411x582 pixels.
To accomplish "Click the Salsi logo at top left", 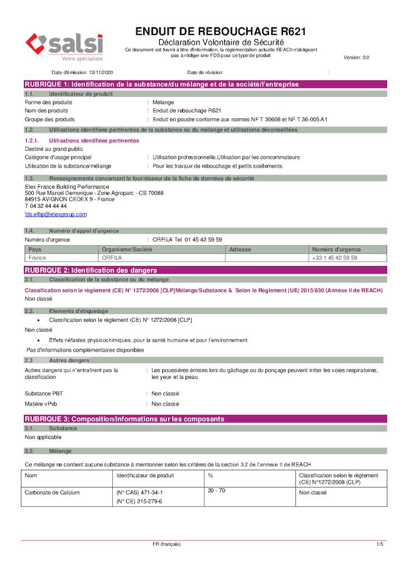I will (x=64, y=46).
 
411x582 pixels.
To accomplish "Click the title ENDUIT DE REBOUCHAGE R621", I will (x=220, y=31).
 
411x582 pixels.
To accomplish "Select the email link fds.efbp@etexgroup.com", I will (x=56, y=214).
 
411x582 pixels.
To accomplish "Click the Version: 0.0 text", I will (x=356, y=58).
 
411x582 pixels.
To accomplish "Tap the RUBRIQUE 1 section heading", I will (x=162, y=84).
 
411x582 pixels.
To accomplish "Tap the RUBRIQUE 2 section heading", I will (x=91, y=270).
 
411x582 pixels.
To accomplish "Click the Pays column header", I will (x=35, y=250).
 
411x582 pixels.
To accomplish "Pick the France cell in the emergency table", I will (x=38, y=257).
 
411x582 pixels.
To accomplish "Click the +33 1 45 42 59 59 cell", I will (x=334, y=257).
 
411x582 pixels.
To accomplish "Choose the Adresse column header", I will (x=240, y=250).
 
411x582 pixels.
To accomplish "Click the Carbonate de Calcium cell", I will (x=52, y=492).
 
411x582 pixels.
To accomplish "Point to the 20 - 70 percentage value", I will (x=217, y=491).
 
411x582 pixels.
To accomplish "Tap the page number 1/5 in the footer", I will (x=380, y=544).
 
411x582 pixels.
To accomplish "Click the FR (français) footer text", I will (x=167, y=544).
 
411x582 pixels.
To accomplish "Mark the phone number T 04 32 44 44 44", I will (x=46, y=205).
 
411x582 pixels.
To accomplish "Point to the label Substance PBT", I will (x=40, y=393).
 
